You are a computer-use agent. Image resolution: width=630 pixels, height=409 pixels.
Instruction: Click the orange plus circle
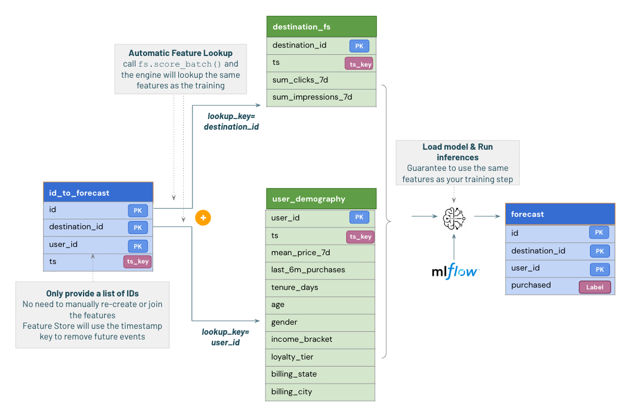pyautogui.click(x=203, y=217)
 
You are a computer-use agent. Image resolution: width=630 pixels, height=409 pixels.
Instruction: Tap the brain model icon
pyautogui.click(x=454, y=219)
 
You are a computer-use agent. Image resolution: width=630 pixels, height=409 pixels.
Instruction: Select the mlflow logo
pyautogui.click(x=455, y=272)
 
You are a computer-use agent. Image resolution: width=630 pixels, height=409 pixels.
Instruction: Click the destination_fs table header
pyautogui.click(x=321, y=27)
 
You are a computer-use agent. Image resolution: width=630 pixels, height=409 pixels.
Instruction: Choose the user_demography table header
pyautogui.click(x=321, y=199)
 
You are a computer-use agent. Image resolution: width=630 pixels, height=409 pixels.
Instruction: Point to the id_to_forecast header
pyautogui.click(x=98, y=192)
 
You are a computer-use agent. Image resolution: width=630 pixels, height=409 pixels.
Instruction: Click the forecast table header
pyautogui.click(x=560, y=214)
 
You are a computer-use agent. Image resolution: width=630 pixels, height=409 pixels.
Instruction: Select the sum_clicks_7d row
pyautogui.click(x=321, y=80)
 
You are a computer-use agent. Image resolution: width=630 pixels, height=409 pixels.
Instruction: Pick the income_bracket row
pyautogui.click(x=320, y=339)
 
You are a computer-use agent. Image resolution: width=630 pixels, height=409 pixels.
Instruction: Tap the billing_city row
pyautogui.click(x=320, y=392)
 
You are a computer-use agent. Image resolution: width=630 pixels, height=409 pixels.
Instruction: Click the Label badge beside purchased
pyautogui.click(x=595, y=287)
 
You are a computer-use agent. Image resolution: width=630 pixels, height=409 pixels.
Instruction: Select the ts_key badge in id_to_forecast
pyautogui.click(x=137, y=262)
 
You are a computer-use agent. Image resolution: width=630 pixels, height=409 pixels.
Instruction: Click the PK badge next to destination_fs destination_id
pyautogui.click(x=359, y=46)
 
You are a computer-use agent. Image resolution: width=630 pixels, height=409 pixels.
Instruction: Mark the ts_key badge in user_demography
pyautogui.click(x=360, y=237)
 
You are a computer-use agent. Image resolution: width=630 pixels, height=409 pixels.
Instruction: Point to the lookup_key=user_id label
pyautogui.click(x=226, y=337)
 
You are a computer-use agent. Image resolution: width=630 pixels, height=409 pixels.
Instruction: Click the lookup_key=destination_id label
pyautogui.click(x=231, y=121)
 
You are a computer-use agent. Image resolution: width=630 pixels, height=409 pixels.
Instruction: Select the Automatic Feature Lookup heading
pyautogui.click(x=180, y=53)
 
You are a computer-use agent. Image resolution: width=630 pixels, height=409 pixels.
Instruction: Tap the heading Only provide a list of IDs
pyautogui.click(x=92, y=293)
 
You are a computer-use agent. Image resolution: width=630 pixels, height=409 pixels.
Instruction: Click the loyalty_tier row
pyautogui.click(x=320, y=357)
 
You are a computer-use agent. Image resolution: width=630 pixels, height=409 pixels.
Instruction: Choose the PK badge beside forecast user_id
pyautogui.click(x=600, y=269)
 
